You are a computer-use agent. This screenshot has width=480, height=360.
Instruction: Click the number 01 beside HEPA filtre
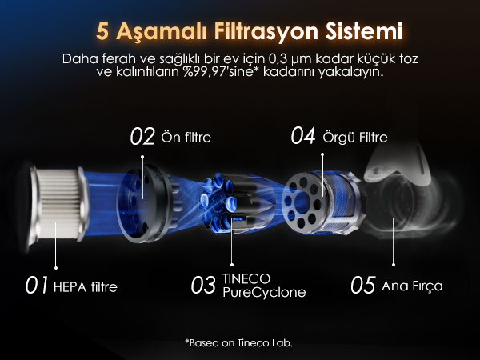pos(37,286)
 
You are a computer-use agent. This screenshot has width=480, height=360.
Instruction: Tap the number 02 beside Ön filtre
pos(142,137)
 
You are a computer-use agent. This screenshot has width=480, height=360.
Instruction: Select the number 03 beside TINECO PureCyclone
pos(203,286)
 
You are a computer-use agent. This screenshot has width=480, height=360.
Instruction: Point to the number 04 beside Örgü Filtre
pos(303,136)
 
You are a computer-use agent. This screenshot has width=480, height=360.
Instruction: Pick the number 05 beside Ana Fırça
pos(363,285)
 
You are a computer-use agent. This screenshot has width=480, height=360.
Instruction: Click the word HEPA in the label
pos(70,287)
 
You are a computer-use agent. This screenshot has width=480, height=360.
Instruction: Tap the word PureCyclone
pos(264,293)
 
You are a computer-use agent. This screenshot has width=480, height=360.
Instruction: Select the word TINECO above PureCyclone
pos(246,279)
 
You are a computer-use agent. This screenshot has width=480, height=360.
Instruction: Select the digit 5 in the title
pos(102,31)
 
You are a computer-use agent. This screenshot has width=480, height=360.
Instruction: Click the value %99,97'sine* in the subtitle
pos(219,72)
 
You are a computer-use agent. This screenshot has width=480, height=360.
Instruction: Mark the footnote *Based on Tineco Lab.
pos(238,343)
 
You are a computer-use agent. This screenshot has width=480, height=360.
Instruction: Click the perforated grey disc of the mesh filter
pos(302,202)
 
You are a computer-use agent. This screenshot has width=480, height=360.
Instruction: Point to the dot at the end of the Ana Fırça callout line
pos(394,265)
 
